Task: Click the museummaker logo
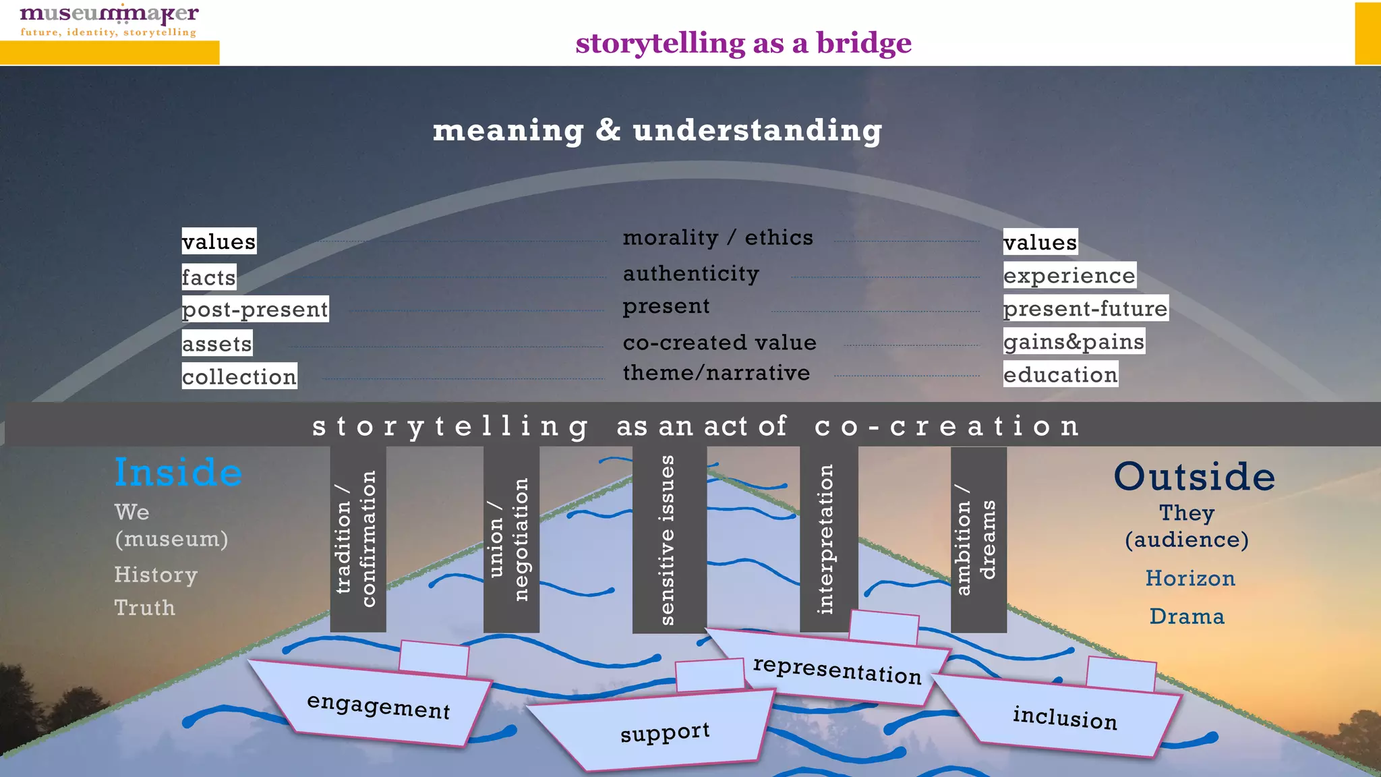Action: pyautogui.click(x=109, y=20)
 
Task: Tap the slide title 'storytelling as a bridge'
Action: pyautogui.click(x=743, y=43)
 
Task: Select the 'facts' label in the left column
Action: pyautogui.click(x=209, y=277)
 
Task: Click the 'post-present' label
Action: pyautogui.click(x=255, y=310)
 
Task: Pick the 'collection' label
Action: pyautogui.click(x=239, y=376)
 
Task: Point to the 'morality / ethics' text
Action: pyautogui.click(x=717, y=238)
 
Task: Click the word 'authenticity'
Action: pyautogui.click(x=690, y=274)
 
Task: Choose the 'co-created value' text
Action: pyautogui.click(x=719, y=343)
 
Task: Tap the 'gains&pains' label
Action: pyautogui.click(x=1074, y=342)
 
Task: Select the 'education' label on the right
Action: pyautogui.click(x=1060, y=375)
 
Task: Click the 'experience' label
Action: pyautogui.click(x=1069, y=276)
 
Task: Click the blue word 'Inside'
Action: pyautogui.click(x=178, y=472)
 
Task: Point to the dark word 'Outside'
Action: pyautogui.click(x=1194, y=477)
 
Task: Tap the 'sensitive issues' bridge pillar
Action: pyautogui.click(x=669, y=540)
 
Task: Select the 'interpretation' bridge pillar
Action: pyautogui.click(x=828, y=540)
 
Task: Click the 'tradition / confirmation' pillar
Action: pyautogui.click(x=357, y=540)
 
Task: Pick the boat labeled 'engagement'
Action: pyautogui.click(x=378, y=705)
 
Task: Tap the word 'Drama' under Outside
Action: pyautogui.click(x=1187, y=616)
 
